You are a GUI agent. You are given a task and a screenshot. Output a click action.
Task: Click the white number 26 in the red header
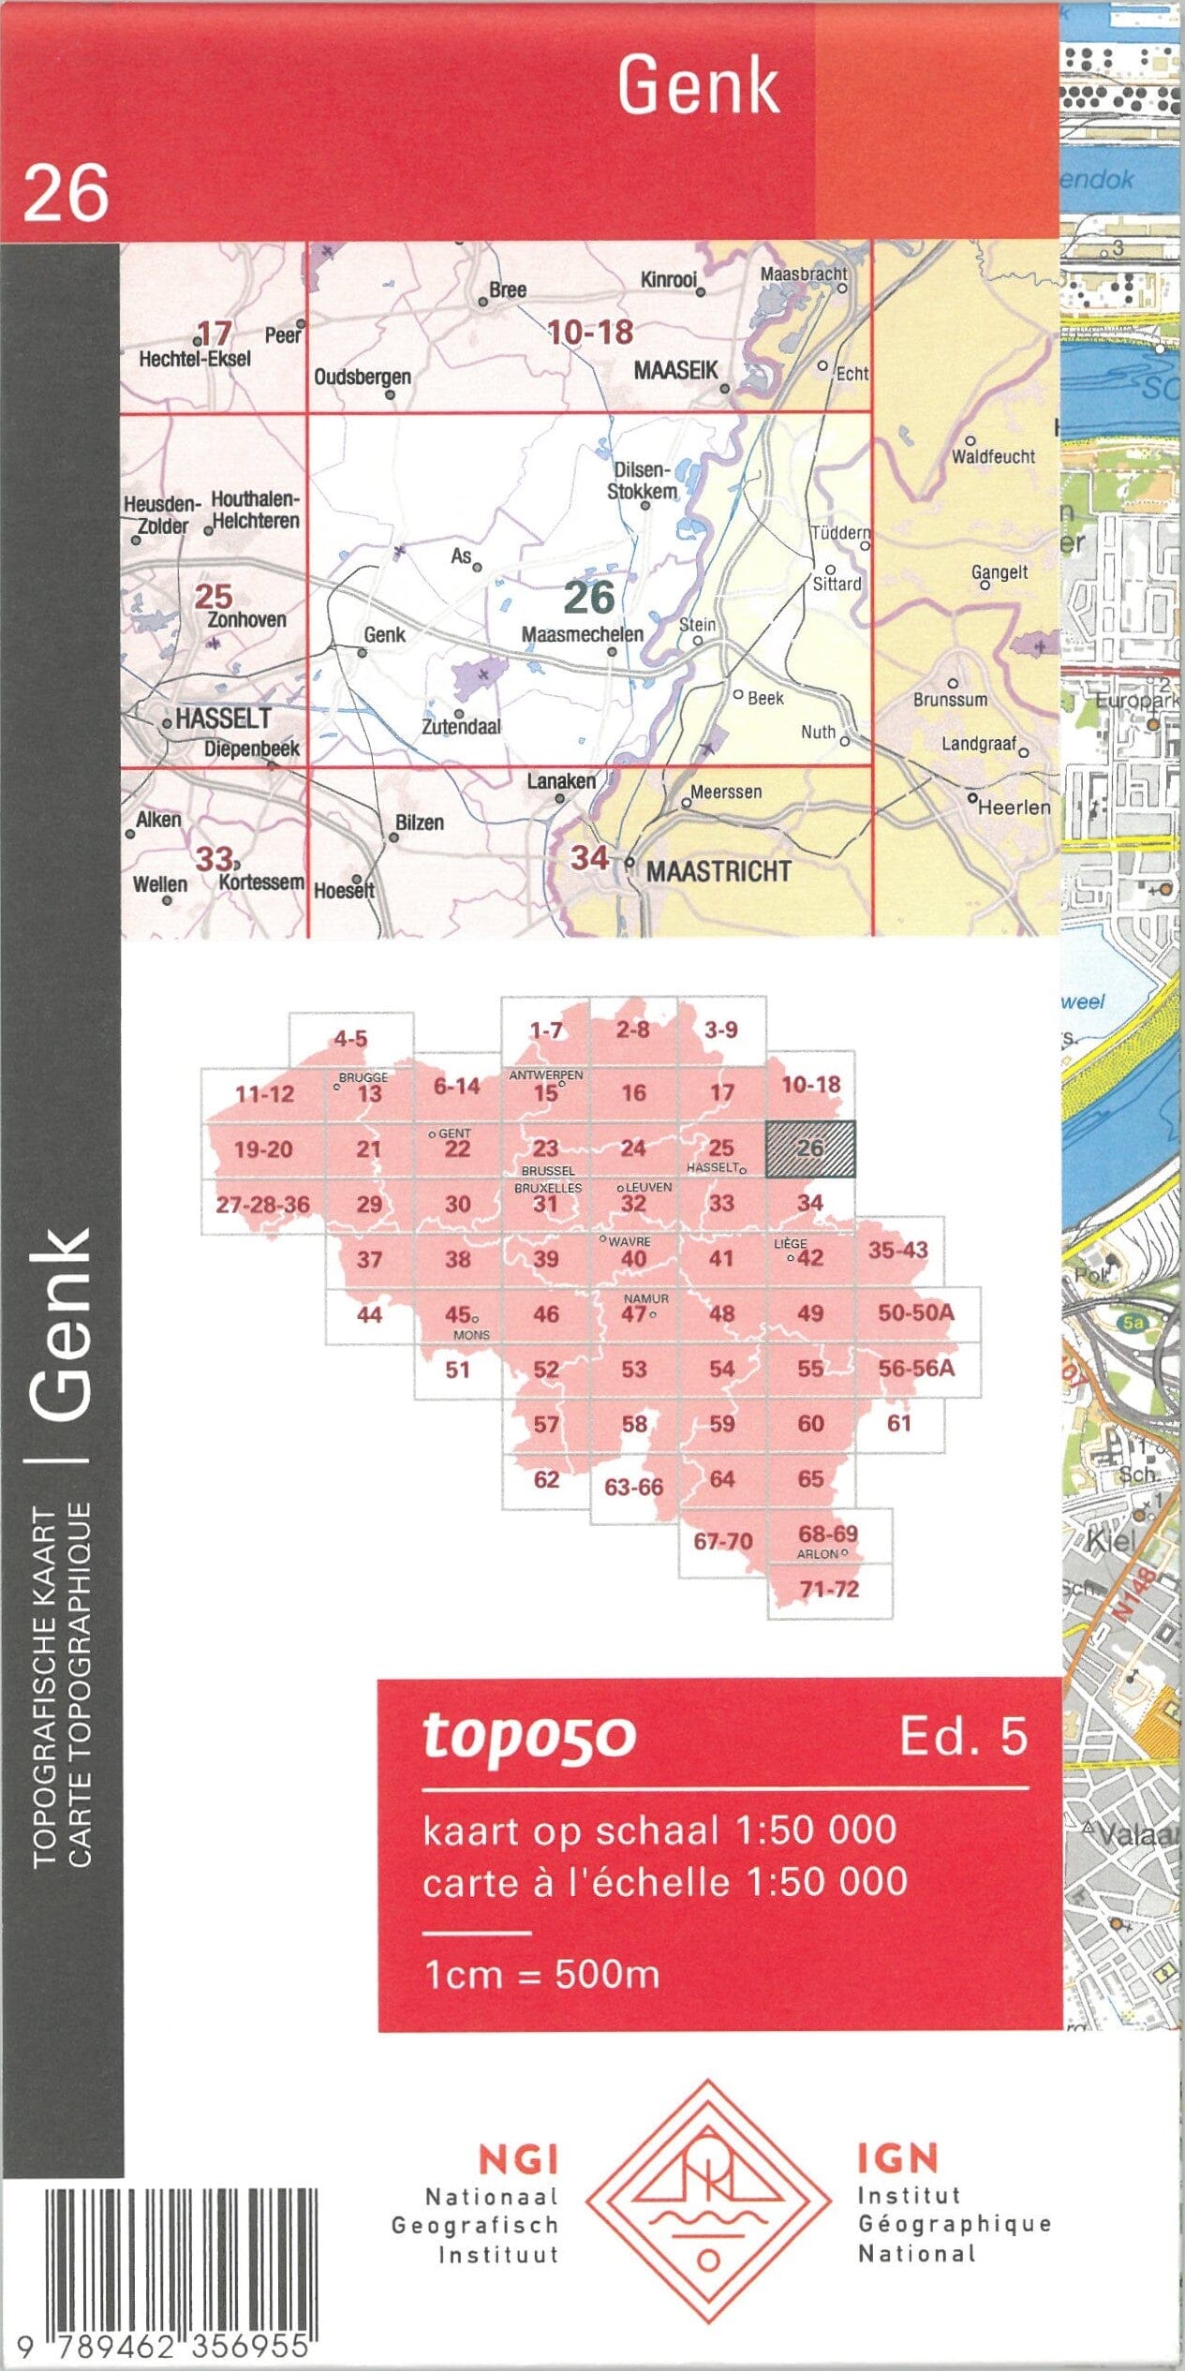click(66, 194)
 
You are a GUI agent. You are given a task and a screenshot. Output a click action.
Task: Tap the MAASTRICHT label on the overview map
click(718, 871)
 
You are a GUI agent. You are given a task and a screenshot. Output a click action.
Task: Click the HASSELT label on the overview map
click(223, 719)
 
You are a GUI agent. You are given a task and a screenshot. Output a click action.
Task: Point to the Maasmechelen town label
click(582, 634)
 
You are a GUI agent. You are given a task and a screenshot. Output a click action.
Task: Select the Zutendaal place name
click(461, 726)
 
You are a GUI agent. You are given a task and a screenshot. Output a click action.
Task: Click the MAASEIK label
click(675, 370)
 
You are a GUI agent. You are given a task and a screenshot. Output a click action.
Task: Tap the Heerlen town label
click(1014, 807)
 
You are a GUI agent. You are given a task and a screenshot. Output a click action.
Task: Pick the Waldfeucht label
click(993, 456)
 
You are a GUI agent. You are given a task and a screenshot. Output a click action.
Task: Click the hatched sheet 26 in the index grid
click(810, 1148)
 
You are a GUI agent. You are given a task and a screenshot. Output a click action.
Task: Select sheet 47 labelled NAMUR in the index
click(635, 1312)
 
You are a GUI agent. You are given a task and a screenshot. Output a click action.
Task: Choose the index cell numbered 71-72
click(829, 1589)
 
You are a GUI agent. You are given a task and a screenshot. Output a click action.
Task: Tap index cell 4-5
click(350, 1038)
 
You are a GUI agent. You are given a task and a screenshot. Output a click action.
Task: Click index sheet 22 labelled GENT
click(457, 1148)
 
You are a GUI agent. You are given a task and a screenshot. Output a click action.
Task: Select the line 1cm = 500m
click(541, 1974)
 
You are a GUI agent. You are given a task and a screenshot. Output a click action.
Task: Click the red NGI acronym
click(518, 2160)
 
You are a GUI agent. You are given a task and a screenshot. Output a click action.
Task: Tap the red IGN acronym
click(896, 2159)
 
